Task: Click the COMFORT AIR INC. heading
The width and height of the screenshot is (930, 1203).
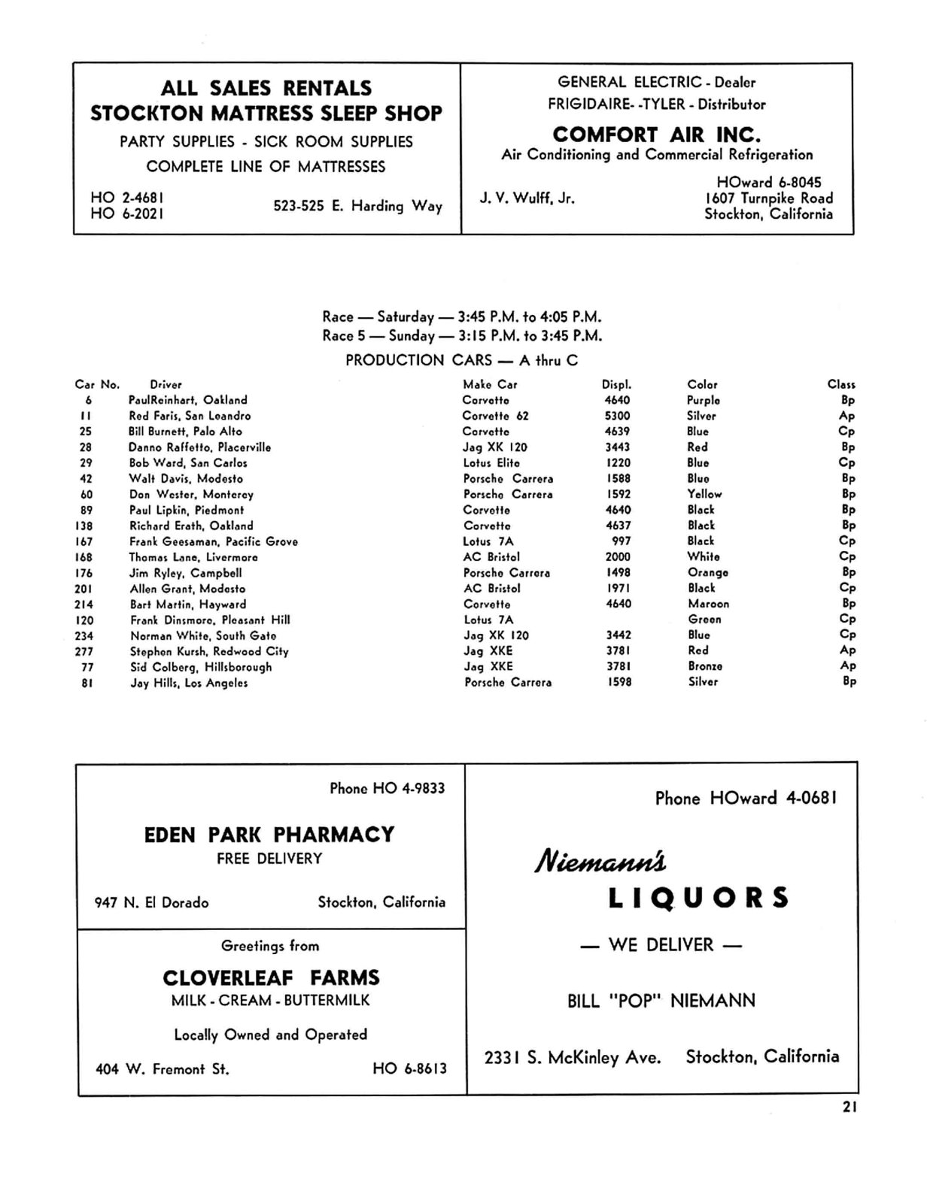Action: point(656,135)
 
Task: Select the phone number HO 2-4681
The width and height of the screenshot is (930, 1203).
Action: point(127,198)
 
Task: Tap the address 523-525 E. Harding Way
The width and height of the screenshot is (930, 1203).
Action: point(357,205)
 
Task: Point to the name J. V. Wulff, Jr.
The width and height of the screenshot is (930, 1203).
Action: point(527,198)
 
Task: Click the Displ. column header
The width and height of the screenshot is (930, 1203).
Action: point(616,384)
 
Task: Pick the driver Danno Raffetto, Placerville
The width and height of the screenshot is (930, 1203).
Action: point(199,447)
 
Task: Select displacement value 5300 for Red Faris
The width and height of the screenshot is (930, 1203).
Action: point(617,416)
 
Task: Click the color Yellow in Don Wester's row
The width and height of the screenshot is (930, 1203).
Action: point(704,494)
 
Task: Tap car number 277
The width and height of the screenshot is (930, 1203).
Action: point(84,651)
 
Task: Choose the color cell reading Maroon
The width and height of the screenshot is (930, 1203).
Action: point(707,604)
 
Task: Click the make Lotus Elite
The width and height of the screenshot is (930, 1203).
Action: point(491,463)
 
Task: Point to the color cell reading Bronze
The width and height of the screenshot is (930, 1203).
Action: point(704,666)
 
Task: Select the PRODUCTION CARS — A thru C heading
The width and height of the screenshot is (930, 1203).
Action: point(461,360)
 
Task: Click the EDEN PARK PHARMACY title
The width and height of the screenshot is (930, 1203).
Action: point(269,835)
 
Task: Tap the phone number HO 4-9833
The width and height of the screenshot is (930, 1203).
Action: point(387,788)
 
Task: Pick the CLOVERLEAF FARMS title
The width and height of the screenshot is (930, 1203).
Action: point(271,977)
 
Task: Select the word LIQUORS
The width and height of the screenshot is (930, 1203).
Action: point(698,898)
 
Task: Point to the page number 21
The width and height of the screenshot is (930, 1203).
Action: point(849,1107)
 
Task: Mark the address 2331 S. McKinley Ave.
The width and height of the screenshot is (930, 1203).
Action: point(573,1058)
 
